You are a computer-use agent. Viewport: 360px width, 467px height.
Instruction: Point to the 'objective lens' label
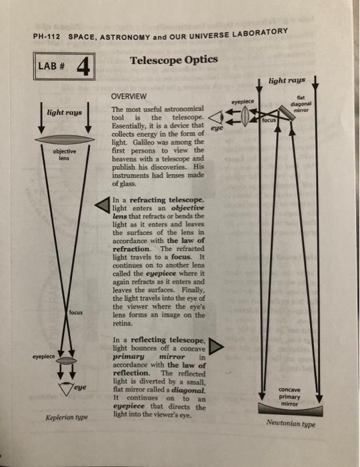click(64, 155)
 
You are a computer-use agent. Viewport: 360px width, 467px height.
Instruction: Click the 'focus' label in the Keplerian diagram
click(75, 312)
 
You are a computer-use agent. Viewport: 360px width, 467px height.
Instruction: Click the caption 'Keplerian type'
click(67, 420)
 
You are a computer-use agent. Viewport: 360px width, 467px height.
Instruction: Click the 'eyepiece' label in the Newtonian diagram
click(244, 101)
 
